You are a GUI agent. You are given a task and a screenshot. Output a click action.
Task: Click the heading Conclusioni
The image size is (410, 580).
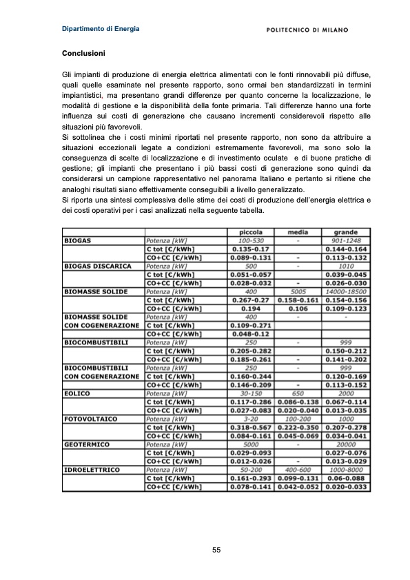click(83, 53)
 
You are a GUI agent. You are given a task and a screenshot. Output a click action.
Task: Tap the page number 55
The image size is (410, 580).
click(216, 549)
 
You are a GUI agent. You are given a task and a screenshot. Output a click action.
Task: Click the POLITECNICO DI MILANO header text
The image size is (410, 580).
click(307, 30)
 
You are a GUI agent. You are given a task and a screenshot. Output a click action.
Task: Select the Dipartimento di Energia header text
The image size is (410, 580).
click(101, 29)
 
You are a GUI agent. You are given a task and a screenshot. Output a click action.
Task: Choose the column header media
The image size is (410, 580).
click(297, 232)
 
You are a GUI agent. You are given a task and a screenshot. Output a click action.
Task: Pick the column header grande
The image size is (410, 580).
click(345, 232)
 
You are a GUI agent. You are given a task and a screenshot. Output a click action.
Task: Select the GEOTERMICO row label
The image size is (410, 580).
click(84, 444)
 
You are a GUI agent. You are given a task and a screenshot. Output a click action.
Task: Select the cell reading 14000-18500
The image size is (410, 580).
click(345, 291)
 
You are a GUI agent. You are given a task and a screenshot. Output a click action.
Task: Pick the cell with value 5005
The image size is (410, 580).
click(297, 291)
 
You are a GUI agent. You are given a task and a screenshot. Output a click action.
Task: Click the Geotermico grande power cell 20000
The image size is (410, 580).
click(345, 444)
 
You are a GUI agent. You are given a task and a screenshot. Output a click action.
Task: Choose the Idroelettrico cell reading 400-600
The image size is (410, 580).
click(297, 470)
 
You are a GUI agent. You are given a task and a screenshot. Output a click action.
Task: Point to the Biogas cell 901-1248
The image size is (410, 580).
click(345, 240)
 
